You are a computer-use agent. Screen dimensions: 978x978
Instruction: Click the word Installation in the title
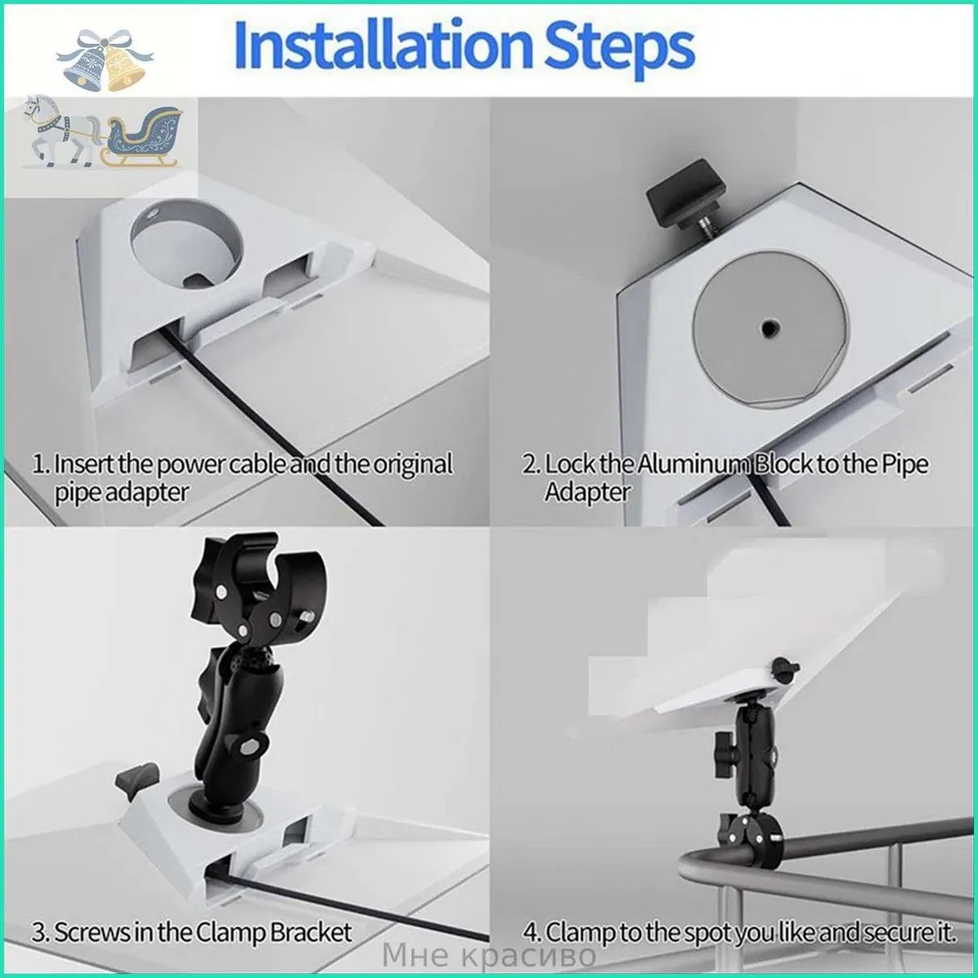click(383, 46)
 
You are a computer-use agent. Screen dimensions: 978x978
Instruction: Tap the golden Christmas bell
click(125, 67)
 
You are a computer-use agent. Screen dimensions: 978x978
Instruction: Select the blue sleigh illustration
click(143, 137)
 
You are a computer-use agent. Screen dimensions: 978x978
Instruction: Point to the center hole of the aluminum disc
click(769, 327)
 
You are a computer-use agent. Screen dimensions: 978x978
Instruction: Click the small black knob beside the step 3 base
click(137, 779)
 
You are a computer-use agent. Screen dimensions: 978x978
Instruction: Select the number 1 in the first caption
click(39, 465)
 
